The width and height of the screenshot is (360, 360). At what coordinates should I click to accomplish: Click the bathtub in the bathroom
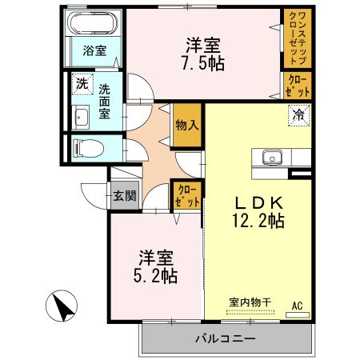click(94, 25)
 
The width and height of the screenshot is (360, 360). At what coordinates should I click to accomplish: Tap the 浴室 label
click(94, 50)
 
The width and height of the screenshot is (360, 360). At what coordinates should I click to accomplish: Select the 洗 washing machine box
click(82, 82)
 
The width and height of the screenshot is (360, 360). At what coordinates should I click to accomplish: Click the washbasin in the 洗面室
click(81, 118)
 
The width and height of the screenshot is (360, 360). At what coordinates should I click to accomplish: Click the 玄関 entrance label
click(124, 194)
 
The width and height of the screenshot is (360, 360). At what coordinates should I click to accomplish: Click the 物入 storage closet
click(186, 125)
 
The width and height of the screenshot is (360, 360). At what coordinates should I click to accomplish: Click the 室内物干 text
click(250, 302)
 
